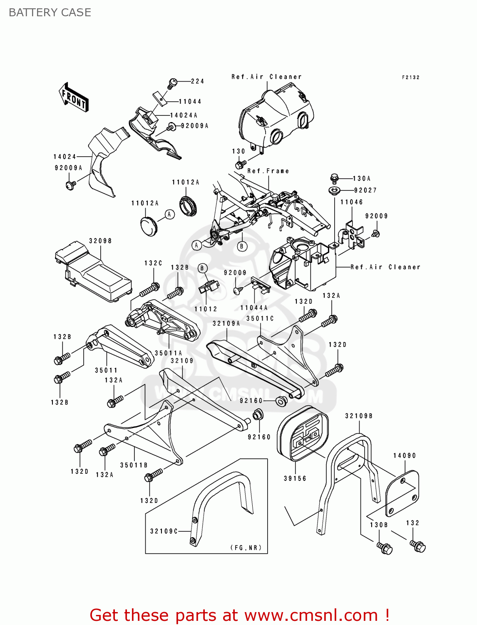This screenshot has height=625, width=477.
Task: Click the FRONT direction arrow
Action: (x=73, y=97)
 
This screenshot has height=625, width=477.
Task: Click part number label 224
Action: (x=197, y=81)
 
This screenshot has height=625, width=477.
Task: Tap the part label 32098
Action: (x=100, y=241)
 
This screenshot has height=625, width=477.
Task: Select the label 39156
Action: (x=295, y=478)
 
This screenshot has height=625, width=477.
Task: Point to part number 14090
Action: (x=405, y=455)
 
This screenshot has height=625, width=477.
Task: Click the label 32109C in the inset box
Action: (x=164, y=531)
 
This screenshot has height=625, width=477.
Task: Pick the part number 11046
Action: (x=352, y=202)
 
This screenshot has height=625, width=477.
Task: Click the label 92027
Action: (x=365, y=190)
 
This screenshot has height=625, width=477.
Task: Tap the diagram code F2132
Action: (x=410, y=77)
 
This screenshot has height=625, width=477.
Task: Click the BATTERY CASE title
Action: (x=50, y=12)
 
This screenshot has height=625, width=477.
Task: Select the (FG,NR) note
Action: (x=246, y=547)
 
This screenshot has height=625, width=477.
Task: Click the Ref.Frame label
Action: (x=268, y=171)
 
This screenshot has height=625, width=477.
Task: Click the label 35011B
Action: (x=134, y=465)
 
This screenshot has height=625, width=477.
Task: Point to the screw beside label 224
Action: (x=173, y=82)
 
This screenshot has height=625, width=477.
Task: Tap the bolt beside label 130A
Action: (x=334, y=178)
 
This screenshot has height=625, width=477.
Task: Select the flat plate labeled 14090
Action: (x=402, y=494)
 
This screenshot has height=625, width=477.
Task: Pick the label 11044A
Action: (x=254, y=307)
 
